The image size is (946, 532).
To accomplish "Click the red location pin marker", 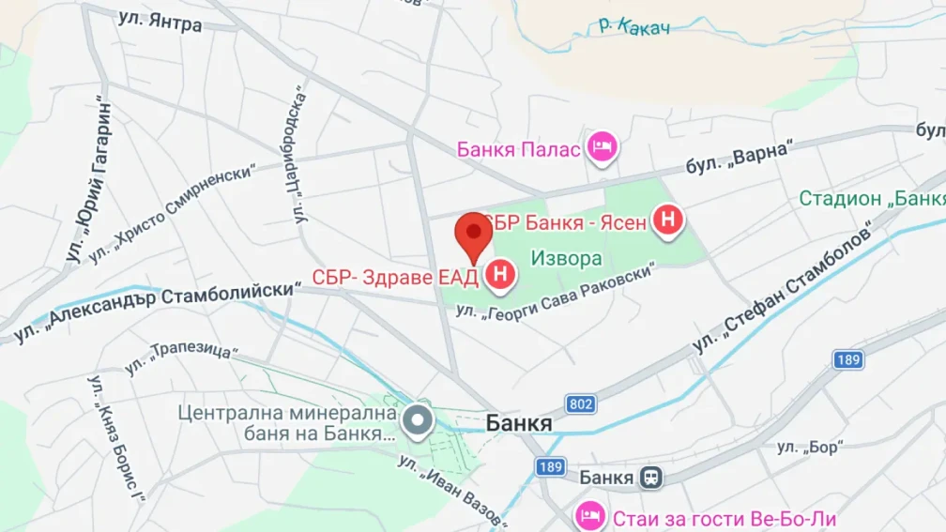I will click(x=474, y=235).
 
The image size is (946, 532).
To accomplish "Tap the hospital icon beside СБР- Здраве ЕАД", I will click(x=501, y=276).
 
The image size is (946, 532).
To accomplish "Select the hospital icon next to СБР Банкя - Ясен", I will click(x=667, y=221).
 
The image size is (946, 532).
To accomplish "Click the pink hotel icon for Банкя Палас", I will click(x=601, y=147).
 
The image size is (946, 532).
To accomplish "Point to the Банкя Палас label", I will click(x=518, y=148).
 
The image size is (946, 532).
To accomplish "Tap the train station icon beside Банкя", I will click(x=650, y=478).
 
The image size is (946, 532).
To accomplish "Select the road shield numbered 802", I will click(x=581, y=404).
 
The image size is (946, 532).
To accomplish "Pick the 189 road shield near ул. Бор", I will click(x=847, y=359).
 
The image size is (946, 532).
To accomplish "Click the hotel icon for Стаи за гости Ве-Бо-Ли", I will click(x=589, y=515).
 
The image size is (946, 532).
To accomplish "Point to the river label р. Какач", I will click(x=634, y=25).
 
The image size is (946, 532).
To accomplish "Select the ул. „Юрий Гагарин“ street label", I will click(x=90, y=182).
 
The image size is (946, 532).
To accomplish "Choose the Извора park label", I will click(x=566, y=257).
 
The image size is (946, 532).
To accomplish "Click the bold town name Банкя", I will click(x=518, y=424).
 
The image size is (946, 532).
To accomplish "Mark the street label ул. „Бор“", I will click(x=807, y=448).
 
